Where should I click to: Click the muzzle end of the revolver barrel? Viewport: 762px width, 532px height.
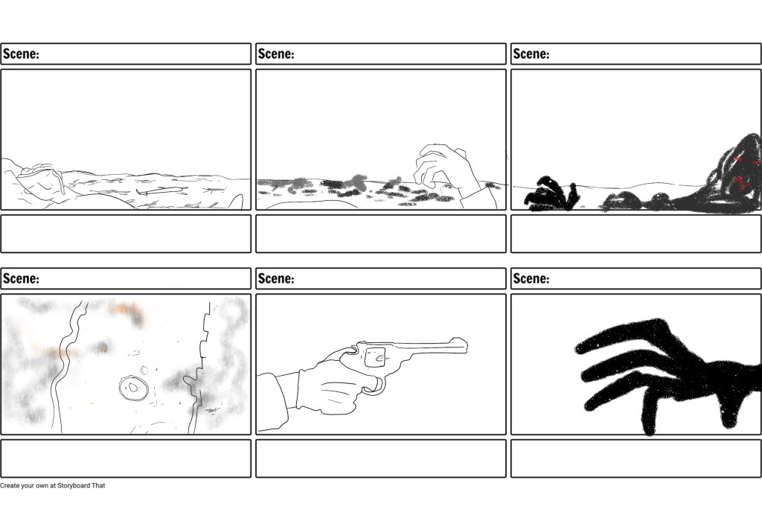click(467, 345)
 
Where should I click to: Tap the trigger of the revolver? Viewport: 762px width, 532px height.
click(376, 384)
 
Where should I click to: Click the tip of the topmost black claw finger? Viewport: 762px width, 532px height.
click(577, 348)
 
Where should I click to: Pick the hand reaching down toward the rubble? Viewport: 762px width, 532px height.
click(445, 167)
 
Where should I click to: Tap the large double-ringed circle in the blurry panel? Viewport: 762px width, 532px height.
click(133, 388)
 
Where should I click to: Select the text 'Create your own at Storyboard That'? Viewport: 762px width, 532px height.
click(53, 485)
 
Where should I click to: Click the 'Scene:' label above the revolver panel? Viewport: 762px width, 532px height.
click(276, 278)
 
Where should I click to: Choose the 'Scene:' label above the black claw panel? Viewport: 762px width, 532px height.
click(531, 278)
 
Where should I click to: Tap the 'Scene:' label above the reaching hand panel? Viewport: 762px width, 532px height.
click(276, 54)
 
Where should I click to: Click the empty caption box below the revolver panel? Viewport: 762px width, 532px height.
click(381, 458)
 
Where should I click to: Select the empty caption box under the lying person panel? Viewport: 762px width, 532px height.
click(126, 234)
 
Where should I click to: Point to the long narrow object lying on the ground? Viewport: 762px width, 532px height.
click(161, 191)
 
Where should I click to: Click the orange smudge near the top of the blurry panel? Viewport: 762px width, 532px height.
click(125, 310)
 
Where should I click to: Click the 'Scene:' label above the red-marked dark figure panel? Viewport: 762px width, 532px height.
click(531, 54)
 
